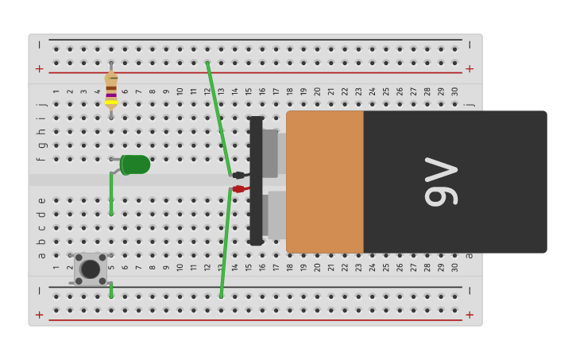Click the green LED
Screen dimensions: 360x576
pyautogui.click(x=135, y=165)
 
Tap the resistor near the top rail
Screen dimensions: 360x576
pyautogui.click(x=111, y=89)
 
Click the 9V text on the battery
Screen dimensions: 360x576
pyautogui.click(x=442, y=182)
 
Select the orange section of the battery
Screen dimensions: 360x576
pyautogui.click(x=325, y=182)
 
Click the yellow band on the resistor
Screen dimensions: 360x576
pyautogui.click(x=111, y=102)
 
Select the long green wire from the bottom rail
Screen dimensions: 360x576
pyautogui.click(x=226, y=242)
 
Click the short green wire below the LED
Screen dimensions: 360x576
pyautogui.click(x=111, y=194)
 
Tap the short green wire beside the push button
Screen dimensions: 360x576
pyautogui.click(x=111, y=289)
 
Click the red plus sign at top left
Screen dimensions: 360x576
pyautogui.click(x=40, y=69)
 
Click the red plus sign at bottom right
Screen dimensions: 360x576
pyautogui.click(x=470, y=315)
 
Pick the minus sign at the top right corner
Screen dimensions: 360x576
pyautogui.click(x=470, y=45)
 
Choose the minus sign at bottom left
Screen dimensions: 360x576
pyautogui.click(x=40, y=291)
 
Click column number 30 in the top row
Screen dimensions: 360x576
pyautogui.click(x=455, y=91)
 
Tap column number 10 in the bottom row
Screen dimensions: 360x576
pyautogui.click(x=180, y=267)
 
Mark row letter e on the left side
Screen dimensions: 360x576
pyautogui.click(x=41, y=200)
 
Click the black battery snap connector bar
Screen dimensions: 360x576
pyautogui.click(x=256, y=181)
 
